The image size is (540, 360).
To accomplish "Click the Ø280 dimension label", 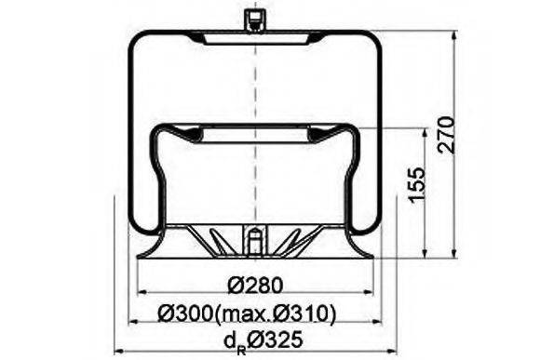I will point(252,286).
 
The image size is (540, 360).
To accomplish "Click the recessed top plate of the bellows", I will point(251,43).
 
